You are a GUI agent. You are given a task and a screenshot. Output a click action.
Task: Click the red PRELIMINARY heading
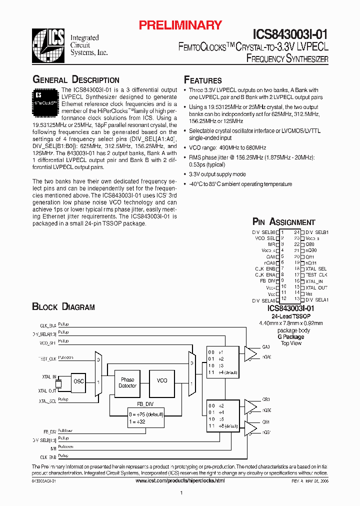180,25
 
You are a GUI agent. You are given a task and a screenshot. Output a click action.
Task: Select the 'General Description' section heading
76,79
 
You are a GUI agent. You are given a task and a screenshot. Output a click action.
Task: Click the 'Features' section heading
203,80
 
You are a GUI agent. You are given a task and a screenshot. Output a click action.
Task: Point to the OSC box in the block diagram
78,381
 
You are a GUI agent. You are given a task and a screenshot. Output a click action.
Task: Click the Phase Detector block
127,383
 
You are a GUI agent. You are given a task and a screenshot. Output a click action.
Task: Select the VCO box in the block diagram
162,380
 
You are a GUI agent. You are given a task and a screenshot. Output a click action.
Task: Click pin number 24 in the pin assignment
297,232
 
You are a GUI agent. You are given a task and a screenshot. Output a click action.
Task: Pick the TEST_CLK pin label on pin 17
316,275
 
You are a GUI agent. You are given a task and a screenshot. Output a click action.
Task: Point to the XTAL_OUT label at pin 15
316,287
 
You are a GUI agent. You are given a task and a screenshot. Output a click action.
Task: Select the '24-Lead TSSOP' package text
291,316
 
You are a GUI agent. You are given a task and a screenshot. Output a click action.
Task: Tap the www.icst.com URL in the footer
180,480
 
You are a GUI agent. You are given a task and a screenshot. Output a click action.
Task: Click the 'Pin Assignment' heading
283,222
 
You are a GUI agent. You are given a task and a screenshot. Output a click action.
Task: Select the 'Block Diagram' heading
63,306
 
